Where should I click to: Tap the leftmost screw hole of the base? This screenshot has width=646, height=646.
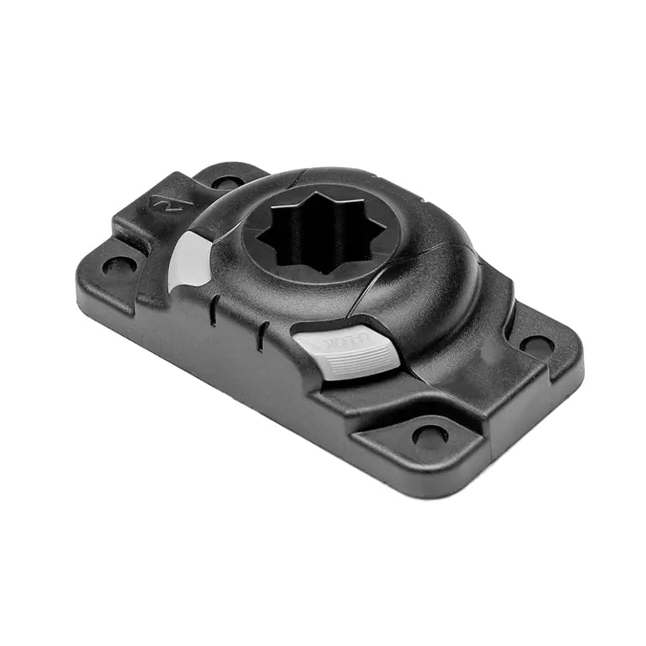(x=118, y=265)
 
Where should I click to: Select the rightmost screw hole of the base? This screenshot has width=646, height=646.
(x=535, y=344)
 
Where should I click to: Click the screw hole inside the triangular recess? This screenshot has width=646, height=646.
(x=429, y=436)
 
